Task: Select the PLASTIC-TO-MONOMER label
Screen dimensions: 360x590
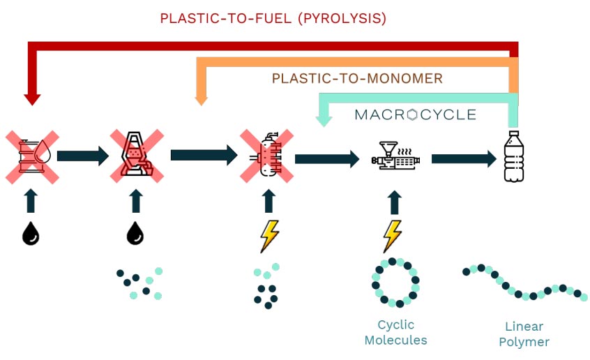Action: point(357,78)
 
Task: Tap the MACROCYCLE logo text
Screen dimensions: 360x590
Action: point(415,114)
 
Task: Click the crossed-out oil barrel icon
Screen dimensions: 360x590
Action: point(31,155)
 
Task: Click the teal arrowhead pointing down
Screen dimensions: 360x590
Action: point(322,119)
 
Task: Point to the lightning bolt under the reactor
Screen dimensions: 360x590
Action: point(268,236)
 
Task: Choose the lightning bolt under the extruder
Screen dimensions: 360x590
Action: point(393,236)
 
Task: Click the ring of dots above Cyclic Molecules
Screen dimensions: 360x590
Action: point(395,283)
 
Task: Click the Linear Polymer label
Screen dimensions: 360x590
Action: point(524,334)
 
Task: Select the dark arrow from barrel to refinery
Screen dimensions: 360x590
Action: point(82,155)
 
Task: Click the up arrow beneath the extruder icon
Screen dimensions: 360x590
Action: point(395,203)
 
